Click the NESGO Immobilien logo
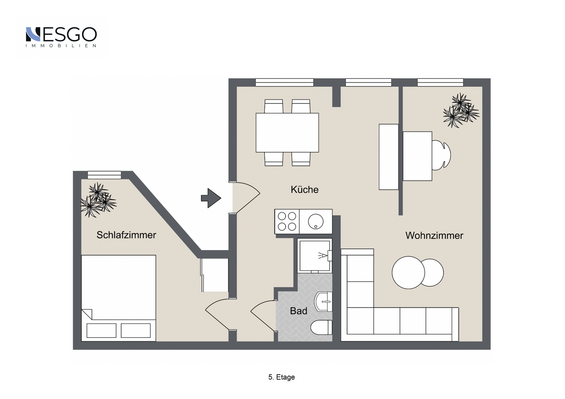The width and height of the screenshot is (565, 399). point(61,37)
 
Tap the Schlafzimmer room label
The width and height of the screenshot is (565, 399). point(126,235)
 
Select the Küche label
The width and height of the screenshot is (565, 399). point(304,189)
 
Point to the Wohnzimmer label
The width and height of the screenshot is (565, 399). point(434,236)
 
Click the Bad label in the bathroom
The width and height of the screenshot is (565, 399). point(298,311)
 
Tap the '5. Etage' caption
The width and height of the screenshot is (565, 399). point(281,377)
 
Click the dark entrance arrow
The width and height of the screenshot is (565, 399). point(211,198)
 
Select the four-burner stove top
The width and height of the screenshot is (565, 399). point(287,221)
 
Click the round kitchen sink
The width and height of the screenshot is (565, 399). point(315,221)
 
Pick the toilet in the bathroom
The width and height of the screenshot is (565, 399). point(321,327)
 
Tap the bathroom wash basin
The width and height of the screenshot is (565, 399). point(323,302)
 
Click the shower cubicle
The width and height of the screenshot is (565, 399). point(315,256)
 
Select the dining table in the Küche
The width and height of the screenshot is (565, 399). point(287,132)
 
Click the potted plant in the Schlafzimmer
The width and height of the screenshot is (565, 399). point(98,200)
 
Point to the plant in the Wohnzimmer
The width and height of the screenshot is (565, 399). point(461,110)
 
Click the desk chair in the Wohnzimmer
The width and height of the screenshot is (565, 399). point(441,154)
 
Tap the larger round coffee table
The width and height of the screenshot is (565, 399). point(408,272)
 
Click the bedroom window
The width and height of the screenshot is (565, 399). point(104,175)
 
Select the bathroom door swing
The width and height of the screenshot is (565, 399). point(263,316)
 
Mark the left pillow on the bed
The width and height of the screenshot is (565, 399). point(101,330)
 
